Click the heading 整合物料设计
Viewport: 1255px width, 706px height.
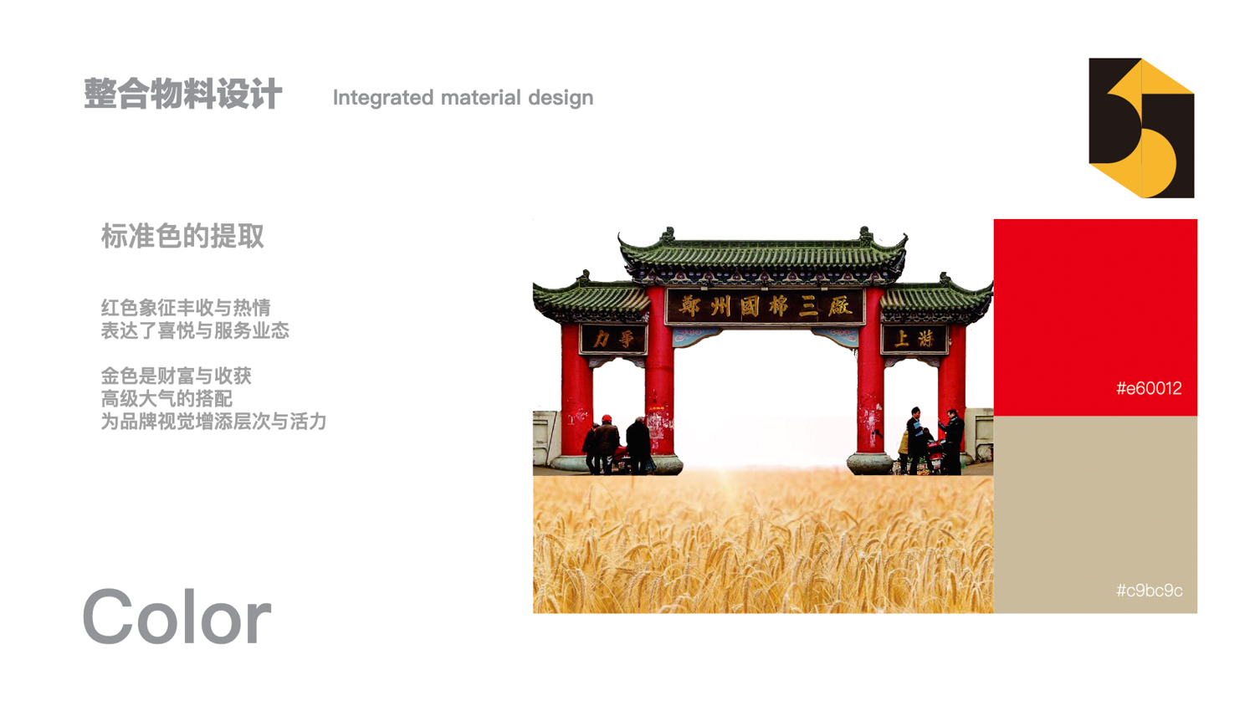point(182,94)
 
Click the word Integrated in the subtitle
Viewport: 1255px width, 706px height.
point(383,98)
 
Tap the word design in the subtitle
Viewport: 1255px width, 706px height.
point(561,98)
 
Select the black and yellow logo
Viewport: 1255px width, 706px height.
point(1141,128)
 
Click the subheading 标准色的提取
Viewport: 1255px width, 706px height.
point(182,236)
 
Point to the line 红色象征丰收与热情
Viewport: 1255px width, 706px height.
point(186,308)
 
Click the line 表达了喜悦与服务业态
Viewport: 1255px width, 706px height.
point(195,330)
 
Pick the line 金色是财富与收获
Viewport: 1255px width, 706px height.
point(176,376)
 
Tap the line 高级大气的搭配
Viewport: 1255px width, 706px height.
point(166,399)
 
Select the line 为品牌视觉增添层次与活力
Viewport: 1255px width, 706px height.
point(213,422)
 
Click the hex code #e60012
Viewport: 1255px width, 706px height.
point(1149,388)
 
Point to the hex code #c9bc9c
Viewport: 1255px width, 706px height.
point(1149,591)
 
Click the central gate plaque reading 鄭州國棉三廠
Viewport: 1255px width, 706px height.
point(765,306)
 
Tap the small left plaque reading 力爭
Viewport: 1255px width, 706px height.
point(613,339)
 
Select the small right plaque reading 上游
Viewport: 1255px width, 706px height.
point(914,339)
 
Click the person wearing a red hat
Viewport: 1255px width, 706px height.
point(607,444)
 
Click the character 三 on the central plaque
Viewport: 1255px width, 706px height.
point(808,307)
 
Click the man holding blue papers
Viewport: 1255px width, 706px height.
point(916,440)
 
